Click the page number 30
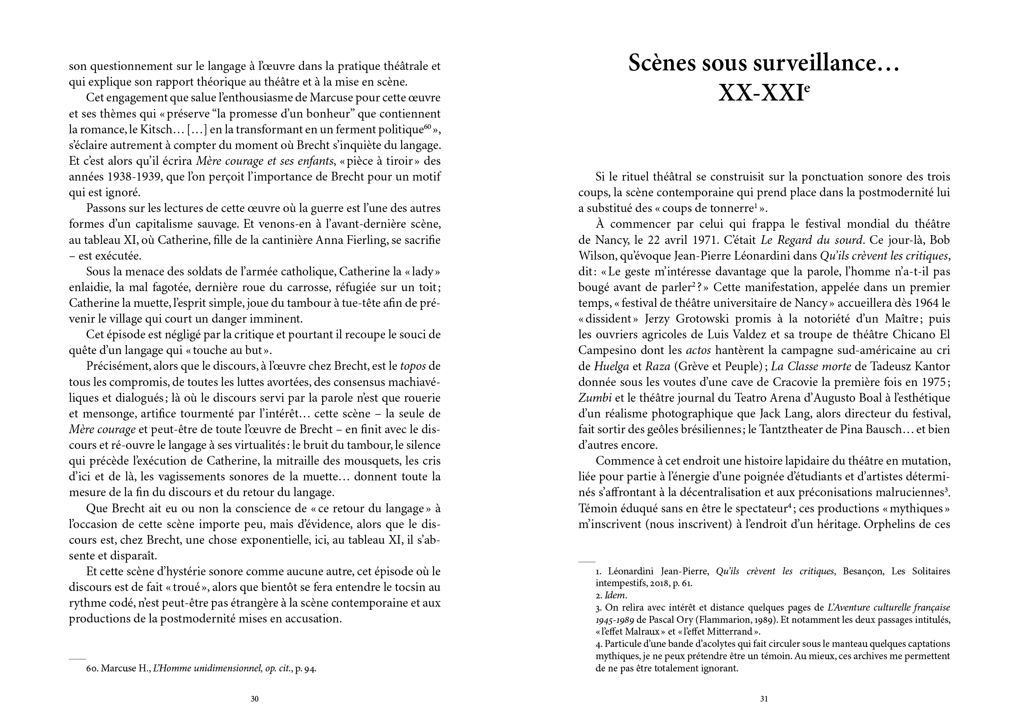(x=254, y=699)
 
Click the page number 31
(x=764, y=699)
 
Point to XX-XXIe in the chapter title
(x=764, y=93)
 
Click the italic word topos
(x=413, y=366)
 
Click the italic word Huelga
(x=611, y=366)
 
